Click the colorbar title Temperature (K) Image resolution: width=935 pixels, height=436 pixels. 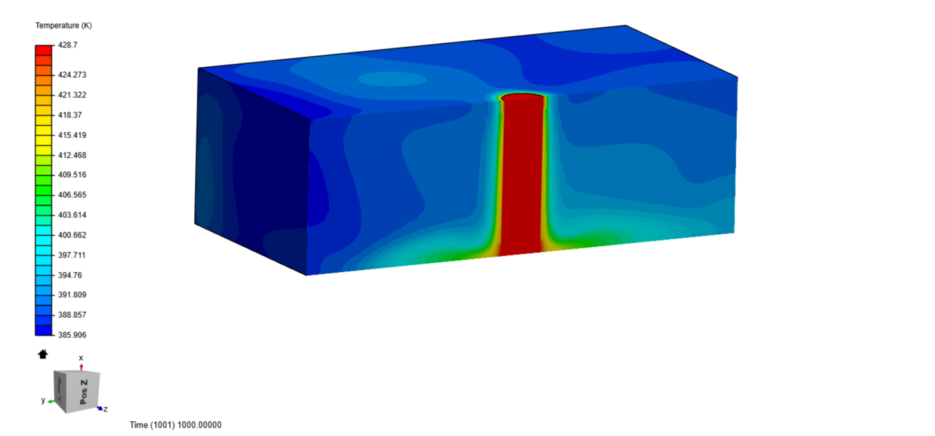[x=64, y=25]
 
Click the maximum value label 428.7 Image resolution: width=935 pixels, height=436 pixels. [x=68, y=45]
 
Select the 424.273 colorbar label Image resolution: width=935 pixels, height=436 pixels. [x=72, y=75]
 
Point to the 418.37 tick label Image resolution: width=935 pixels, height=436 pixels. [x=69, y=115]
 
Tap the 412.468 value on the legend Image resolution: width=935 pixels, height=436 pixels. [x=72, y=155]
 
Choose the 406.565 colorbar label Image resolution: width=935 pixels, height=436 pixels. [x=72, y=195]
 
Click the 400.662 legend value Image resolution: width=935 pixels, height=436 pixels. [x=72, y=235]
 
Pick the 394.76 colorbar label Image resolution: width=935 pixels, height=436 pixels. [x=69, y=275]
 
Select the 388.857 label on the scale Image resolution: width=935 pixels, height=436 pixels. [x=72, y=315]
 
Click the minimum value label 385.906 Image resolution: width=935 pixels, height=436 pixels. [x=72, y=335]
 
